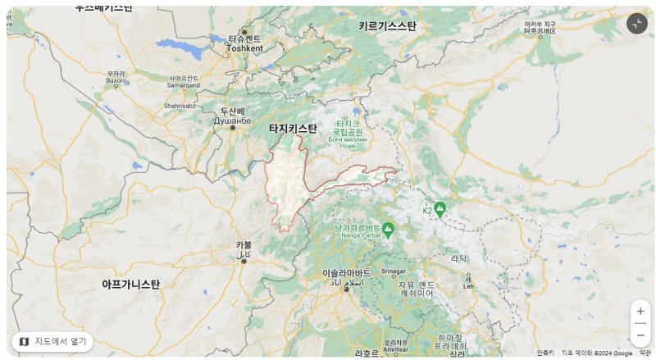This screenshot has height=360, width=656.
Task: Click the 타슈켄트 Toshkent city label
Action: [x=244, y=43]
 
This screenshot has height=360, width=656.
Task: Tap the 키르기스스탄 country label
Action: [x=387, y=26]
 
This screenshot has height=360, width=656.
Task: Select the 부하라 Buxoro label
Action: [x=116, y=77]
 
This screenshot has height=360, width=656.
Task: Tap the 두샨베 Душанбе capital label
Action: [x=232, y=116]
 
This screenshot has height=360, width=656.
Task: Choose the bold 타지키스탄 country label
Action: [x=293, y=128]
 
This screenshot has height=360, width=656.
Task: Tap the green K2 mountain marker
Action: [x=440, y=209]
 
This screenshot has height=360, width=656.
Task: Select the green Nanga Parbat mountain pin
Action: [x=388, y=230]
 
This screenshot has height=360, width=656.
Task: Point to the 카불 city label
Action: [x=244, y=249]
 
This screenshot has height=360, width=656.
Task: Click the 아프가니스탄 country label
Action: [x=131, y=284]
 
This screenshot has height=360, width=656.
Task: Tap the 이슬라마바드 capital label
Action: [x=347, y=276]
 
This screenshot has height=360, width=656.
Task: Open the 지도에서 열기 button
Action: [x=52, y=341]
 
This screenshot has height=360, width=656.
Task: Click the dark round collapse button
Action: [x=637, y=24]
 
